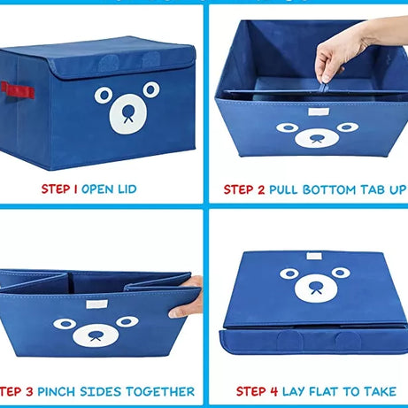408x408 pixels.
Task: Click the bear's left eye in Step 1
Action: (x=104, y=95)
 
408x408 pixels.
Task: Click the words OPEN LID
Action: (x=109, y=189)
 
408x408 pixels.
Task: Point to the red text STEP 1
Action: (x=59, y=189)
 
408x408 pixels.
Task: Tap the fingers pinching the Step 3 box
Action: (x=188, y=297)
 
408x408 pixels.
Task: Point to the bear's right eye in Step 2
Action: (x=346, y=127)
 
